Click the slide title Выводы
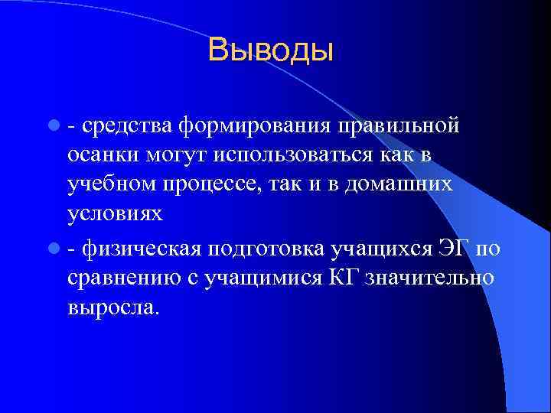(271, 50)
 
